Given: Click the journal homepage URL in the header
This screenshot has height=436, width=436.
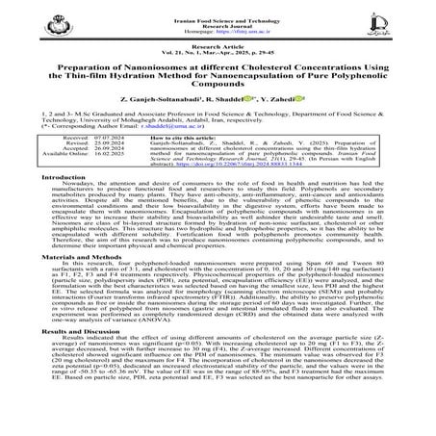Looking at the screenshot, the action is click(x=218, y=26).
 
